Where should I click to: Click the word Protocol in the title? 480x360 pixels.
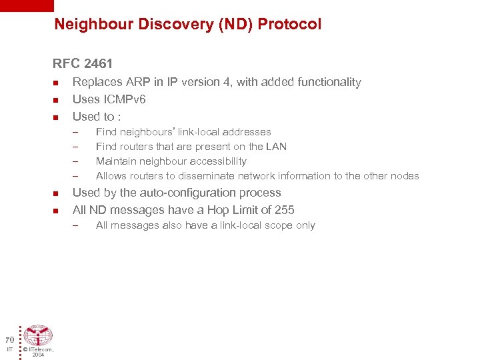click(289, 25)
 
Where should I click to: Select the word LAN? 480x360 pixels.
click(276, 147)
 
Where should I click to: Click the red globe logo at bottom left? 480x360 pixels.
click(38, 335)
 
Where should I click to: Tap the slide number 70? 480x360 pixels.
click(9, 339)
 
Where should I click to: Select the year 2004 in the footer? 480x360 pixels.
click(38, 355)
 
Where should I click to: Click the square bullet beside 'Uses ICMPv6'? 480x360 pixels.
click(56, 100)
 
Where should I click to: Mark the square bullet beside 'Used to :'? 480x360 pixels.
click(56, 117)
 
